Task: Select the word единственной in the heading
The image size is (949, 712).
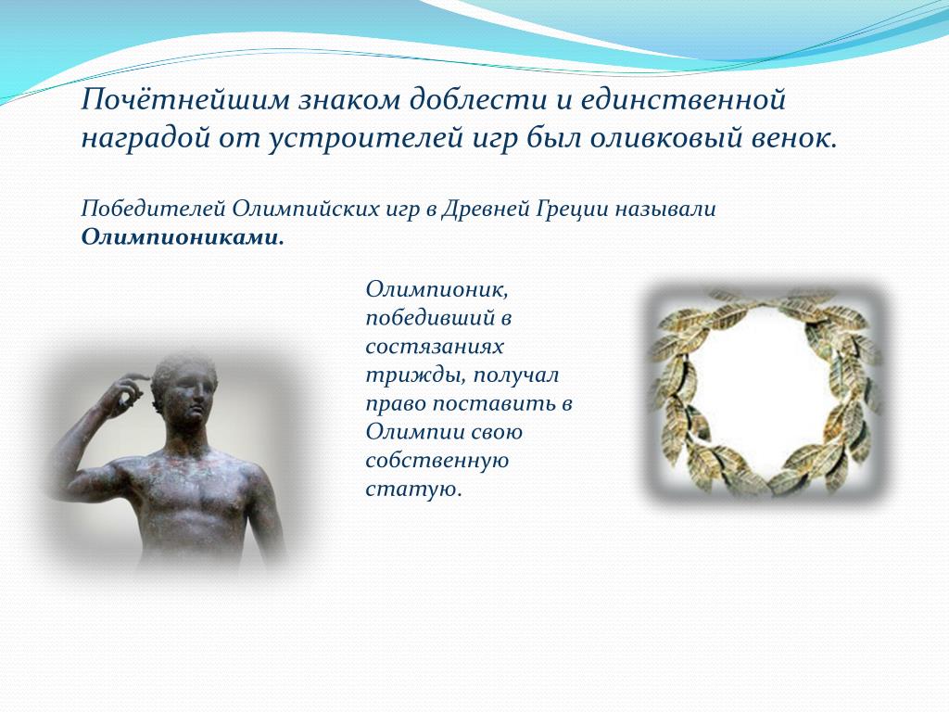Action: pyautogui.click(x=683, y=99)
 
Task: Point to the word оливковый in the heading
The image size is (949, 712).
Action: pyautogui.click(x=662, y=139)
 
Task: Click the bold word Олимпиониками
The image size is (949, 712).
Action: pyautogui.click(x=183, y=237)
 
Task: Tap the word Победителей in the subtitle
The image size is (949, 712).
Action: pyautogui.click(x=153, y=209)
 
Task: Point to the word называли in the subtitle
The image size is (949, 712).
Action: pyautogui.click(x=665, y=210)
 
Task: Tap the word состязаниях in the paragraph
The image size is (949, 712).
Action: pyautogui.click(x=435, y=347)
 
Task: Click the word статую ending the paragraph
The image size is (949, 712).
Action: pyautogui.click(x=413, y=489)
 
